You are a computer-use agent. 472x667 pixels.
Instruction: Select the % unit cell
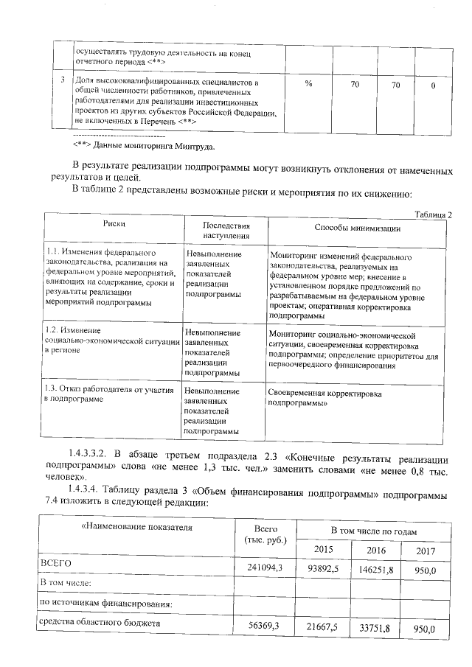308,85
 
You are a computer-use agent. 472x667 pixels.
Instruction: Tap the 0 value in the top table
432,86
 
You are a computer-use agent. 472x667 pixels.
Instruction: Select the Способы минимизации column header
357,228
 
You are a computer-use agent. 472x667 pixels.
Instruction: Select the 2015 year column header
324,550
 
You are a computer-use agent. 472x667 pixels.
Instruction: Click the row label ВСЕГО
55,563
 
